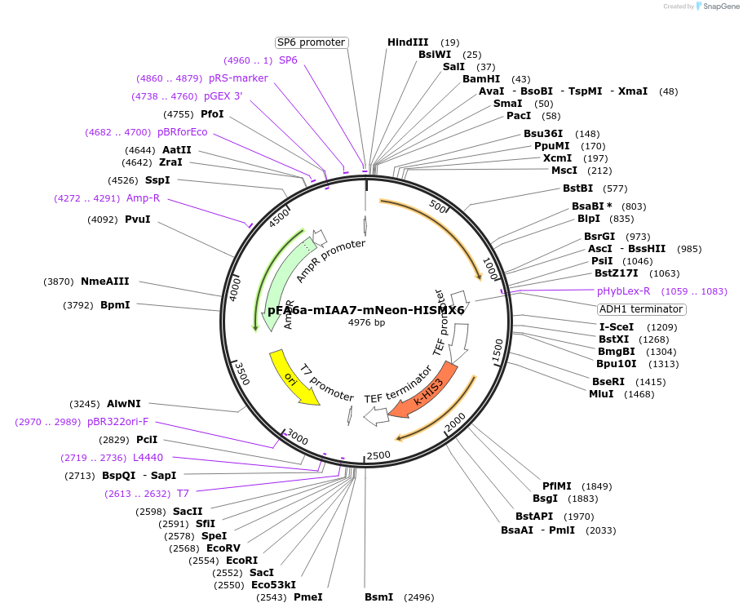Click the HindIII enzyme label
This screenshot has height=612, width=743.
(x=407, y=42)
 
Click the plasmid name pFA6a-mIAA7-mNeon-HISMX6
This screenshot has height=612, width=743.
(x=366, y=310)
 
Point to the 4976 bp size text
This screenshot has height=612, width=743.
(x=366, y=323)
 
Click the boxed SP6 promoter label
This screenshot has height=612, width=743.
(x=311, y=42)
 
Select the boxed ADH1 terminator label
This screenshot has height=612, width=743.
(x=641, y=309)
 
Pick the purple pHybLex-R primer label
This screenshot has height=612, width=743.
(x=623, y=291)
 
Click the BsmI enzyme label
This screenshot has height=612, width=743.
(x=378, y=597)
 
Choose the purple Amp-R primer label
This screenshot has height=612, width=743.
(x=143, y=198)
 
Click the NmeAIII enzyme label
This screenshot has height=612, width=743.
(x=105, y=282)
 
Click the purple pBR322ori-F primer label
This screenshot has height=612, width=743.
(x=117, y=422)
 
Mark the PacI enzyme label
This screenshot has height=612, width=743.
(x=519, y=116)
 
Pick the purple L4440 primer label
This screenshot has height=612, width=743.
(x=148, y=458)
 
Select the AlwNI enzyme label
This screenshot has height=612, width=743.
(x=124, y=404)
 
